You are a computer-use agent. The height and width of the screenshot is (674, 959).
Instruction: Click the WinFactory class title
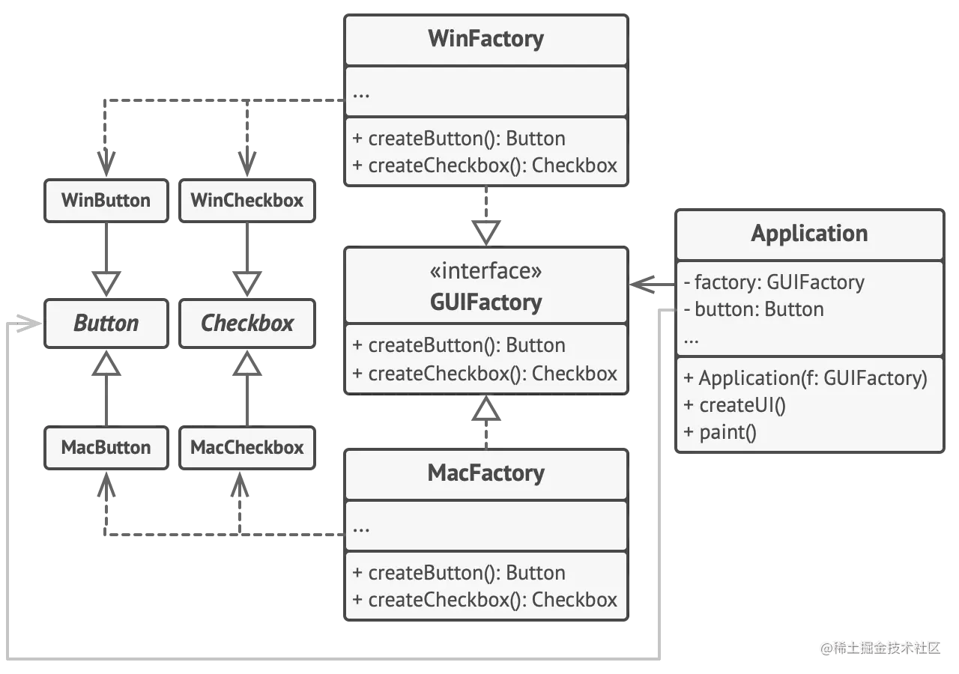(x=485, y=39)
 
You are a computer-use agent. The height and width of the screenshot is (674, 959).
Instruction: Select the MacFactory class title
(x=485, y=473)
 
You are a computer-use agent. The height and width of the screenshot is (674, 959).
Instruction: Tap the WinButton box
(x=106, y=200)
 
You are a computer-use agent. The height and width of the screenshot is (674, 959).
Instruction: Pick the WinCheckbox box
(x=247, y=200)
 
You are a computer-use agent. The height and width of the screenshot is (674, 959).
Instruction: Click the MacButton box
(x=106, y=448)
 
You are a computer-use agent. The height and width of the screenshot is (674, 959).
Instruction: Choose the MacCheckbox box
(x=247, y=448)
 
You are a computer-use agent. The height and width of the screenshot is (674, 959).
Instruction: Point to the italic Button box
(x=106, y=324)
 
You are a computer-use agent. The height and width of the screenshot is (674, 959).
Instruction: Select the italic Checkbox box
(x=247, y=324)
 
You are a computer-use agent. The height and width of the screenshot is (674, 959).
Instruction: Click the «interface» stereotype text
(x=485, y=271)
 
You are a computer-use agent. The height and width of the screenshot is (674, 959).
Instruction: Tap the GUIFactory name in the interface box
(x=485, y=303)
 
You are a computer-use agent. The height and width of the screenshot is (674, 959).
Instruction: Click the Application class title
(x=809, y=234)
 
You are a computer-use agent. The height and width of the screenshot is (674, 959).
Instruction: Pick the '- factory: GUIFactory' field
(x=774, y=282)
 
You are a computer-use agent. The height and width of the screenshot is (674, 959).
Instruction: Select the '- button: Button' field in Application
(x=754, y=309)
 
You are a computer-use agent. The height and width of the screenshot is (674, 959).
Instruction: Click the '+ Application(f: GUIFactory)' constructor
(x=805, y=378)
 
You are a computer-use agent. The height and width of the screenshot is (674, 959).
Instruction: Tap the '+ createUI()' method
(x=735, y=405)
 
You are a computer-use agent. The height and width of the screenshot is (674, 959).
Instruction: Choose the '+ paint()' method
(x=720, y=432)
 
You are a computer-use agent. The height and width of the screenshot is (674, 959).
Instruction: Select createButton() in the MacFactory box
(x=459, y=573)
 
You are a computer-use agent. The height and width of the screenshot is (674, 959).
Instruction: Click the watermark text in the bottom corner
(x=880, y=647)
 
